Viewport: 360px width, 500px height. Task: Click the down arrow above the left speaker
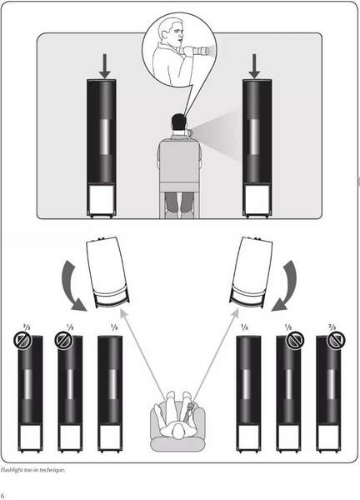[x=105, y=66]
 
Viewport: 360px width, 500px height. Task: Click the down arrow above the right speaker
[x=254, y=66]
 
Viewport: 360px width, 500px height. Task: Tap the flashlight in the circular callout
[x=196, y=51]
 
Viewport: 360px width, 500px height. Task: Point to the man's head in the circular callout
[x=172, y=31]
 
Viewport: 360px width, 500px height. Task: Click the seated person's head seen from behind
[x=179, y=122]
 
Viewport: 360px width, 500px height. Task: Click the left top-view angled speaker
[x=107, y=272]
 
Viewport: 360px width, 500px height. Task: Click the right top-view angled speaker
[x=252, y=272]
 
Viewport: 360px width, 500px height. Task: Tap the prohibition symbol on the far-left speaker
[x=22, y=341]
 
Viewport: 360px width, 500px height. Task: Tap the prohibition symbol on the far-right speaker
[x=336, y=341]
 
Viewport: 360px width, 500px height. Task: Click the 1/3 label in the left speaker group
[x=114, y=327]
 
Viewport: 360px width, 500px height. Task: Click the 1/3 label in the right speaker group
[x=244, y=327]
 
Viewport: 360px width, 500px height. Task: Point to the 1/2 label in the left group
[x=70, y=327]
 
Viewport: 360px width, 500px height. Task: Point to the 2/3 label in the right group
[x=332, y=327]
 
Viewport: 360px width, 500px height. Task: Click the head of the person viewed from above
[x=178, y=432]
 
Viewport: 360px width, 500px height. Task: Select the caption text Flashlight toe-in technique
[x=32, y=470]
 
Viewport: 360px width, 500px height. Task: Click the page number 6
[x=2, y=495]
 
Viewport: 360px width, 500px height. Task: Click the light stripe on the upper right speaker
[x=254, y=137]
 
